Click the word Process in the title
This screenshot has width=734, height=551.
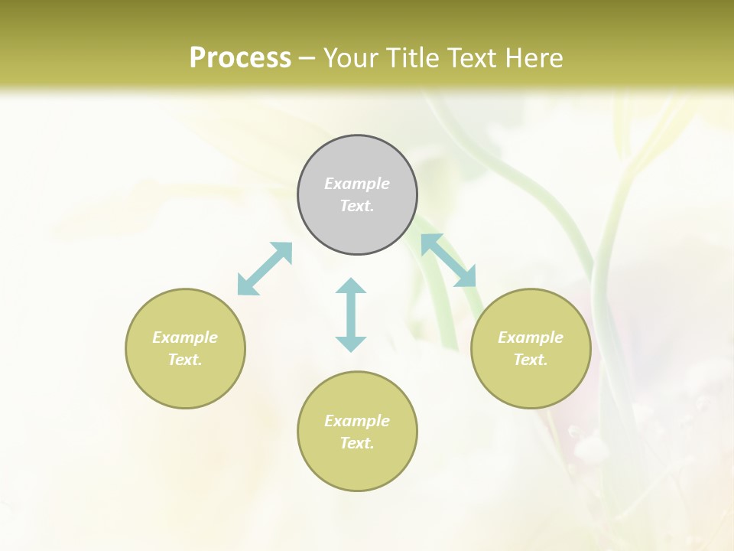click(x=240, y=58)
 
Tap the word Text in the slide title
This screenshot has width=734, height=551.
click(x=475, y=58)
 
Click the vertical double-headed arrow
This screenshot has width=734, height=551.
click(x=351, y=315)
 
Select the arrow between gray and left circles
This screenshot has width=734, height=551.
click(x=265, y=268)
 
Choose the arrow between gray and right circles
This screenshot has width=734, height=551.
click(x=449, y=260)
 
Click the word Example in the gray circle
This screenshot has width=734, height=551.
click(x=357, y=184)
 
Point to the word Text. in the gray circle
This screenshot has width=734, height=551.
click(x=357, y=206)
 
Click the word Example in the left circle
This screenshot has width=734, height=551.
click(x=185, y=337)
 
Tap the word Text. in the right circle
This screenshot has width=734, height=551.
click(x=531, y=360)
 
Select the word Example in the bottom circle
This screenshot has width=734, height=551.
click(x=357, y=421)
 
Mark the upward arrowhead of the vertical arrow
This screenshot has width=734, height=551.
click(x=351, y=286)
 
